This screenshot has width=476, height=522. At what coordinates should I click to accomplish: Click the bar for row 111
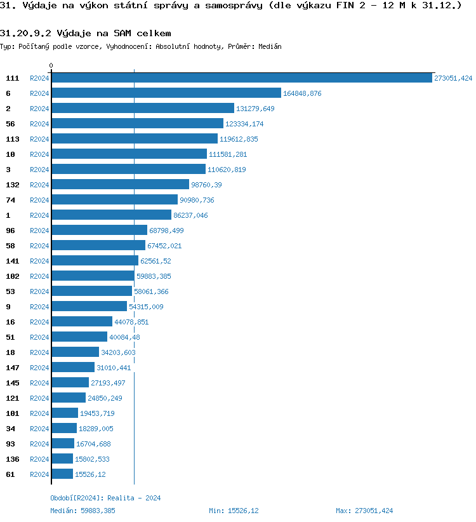click(241, 78)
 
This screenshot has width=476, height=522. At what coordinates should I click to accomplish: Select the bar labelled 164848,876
click(166, 93)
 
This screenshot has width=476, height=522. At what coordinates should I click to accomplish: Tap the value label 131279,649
click(255, 109)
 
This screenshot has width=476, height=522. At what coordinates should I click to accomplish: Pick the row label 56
click(11, 124)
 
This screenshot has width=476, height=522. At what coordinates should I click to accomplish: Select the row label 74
click(11, 200)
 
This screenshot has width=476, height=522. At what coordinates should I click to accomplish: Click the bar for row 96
click(99, 231)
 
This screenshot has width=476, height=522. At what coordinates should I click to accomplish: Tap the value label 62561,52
click(157, 261)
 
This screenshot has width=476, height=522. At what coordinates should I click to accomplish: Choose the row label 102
click(13, 276)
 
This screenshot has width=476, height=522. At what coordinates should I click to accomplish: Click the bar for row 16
click(82, 322)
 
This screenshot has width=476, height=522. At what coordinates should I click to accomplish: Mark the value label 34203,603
click(118, 352)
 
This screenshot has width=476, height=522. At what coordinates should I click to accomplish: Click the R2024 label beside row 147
click(39, 368)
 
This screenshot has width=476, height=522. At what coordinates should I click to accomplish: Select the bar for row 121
click(69, 398)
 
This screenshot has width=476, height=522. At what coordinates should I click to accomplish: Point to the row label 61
click(11, 474)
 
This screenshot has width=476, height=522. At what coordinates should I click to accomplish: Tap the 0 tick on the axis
click(51, 65)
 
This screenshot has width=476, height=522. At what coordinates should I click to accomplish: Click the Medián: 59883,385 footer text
click(83, 511)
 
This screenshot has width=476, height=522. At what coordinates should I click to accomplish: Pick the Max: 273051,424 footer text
click(364, 511)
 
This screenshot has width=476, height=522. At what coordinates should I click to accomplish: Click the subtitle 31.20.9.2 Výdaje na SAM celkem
click(86, 33)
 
